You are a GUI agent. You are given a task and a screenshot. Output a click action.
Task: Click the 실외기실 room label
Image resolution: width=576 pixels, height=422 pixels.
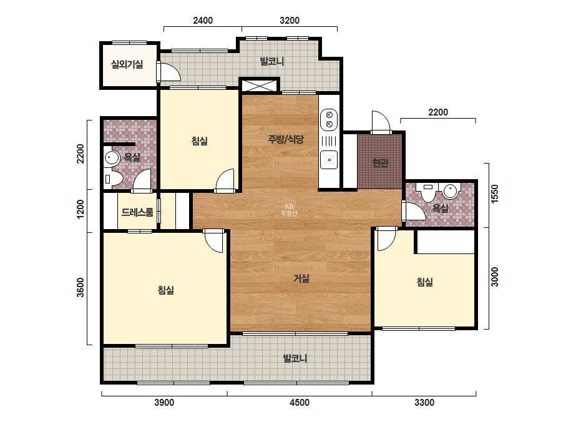tap(127, 64)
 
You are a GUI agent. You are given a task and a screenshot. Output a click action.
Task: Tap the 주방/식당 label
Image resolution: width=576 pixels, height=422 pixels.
tap(286, 139)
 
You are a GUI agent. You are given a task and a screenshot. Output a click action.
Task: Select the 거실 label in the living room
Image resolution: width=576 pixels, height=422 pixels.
tap(301, 278)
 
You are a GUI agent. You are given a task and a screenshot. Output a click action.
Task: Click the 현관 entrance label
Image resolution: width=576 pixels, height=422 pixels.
tap(380, 162)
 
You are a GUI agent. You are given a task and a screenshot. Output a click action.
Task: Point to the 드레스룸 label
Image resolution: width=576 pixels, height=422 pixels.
tap(137, 212)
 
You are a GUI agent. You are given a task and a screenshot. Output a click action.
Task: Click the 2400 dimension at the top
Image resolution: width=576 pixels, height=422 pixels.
tap(203, 20)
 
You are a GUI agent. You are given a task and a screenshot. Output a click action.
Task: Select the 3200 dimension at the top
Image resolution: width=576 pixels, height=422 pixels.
tap(290, 20)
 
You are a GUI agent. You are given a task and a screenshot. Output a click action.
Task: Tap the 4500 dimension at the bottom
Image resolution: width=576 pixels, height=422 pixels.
tap(300, 403)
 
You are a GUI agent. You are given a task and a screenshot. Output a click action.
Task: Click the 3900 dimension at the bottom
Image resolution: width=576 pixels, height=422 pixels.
tap(164, 403)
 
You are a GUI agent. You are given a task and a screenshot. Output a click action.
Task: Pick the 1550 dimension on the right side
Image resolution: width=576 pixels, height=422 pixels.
tap(495, 194)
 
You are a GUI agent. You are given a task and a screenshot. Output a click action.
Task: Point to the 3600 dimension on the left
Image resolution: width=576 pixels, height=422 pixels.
tap(80, 287)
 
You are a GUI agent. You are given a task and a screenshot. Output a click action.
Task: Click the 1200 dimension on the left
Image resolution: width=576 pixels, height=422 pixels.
tap(80, 209)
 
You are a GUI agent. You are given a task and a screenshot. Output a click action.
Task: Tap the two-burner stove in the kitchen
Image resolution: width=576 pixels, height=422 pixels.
tap(329, 119)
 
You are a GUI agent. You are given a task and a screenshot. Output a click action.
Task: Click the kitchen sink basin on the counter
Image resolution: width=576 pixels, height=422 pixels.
tap(329, 160)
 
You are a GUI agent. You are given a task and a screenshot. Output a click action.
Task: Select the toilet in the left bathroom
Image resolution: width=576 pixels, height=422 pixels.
tap(113, 179)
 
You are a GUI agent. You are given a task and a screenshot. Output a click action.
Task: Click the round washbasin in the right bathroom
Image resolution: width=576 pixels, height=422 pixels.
tap(450, 191)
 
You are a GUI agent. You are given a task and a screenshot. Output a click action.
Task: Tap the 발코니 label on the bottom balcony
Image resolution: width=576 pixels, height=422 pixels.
tap(295, 358)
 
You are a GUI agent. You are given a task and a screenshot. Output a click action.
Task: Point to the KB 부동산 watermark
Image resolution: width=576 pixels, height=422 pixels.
tap(289, 210)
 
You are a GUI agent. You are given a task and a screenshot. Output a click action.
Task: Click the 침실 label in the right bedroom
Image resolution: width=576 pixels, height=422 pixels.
tap(424, 282)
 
